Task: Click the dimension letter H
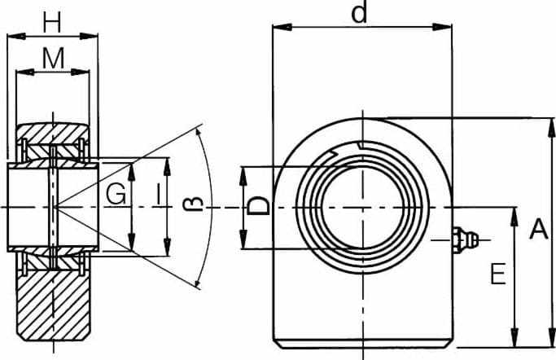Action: [x=52, y=22]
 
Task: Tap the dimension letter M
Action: [x=53, y=58]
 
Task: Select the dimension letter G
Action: [x=116, y=195]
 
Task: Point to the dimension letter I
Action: [x=158, y=195]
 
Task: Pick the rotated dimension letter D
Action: [x=258, y=206]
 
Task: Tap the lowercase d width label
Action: [x=359, y=13]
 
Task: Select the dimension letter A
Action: [x=538, y=229]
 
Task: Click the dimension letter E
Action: [x=498, y=274]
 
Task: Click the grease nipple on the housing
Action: [x=465, y=240]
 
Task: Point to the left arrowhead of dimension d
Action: [x=282, y=27]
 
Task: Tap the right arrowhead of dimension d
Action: [x=442, y=27]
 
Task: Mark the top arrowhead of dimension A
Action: [x=551, y=128]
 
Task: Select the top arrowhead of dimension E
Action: [x=514, y=217]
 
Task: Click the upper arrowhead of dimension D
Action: [x=243, y=176]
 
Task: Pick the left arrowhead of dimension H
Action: [x=16, y=36]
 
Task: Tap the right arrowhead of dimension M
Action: [x=80, y=72]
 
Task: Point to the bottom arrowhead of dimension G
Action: [x=132, y=242]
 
